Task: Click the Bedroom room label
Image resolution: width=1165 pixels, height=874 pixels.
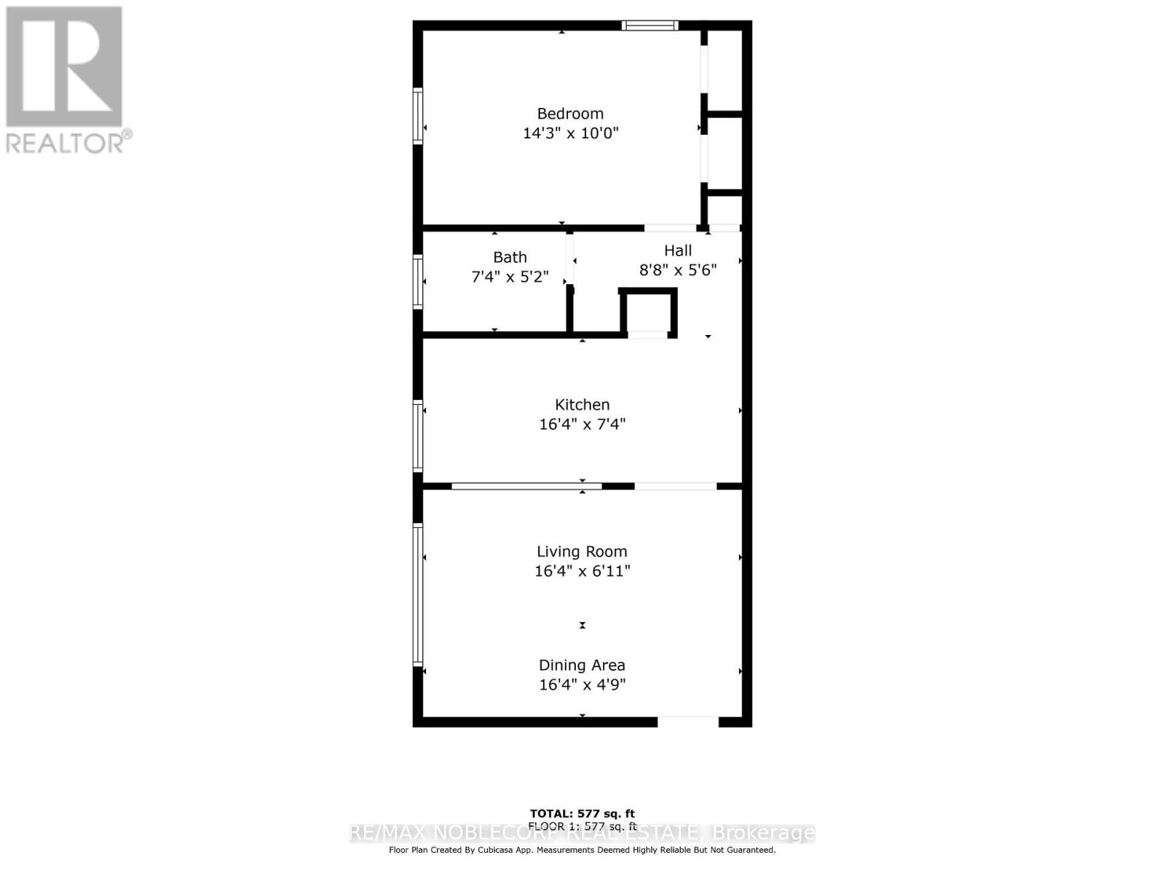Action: coord(570,114)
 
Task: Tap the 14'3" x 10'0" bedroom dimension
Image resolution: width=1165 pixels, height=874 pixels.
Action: coord(570,133)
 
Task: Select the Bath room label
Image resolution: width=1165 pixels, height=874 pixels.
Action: coord(510,257)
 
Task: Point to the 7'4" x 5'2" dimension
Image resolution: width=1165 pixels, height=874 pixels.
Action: coord(510,277)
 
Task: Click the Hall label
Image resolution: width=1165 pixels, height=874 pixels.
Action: coord(677,251)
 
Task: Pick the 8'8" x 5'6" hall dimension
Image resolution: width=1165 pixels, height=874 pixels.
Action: coord(677,270)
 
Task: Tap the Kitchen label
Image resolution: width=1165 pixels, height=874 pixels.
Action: coord(582,405)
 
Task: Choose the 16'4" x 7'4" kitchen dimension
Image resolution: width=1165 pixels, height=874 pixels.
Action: coord(582,424)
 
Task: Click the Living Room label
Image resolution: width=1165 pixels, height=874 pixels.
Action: coord(582,552)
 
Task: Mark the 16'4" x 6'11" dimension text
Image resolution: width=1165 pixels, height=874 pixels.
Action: coord(582,571)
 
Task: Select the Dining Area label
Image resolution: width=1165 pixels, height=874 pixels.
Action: coord(582,665)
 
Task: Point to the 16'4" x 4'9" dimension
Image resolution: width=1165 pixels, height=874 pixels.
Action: coord(582,685)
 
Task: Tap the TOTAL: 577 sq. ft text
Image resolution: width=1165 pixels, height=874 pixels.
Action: coord(582,814)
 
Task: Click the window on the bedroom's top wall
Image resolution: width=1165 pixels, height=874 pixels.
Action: coord(649,26)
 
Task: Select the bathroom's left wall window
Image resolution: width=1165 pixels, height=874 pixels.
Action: coord(418,282)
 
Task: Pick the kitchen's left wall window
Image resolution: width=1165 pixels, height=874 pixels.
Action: coord(418,436)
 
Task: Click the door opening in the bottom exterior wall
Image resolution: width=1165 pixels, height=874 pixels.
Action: coord(688,722)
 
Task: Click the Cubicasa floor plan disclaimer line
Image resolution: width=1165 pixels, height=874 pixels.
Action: coord(582,850)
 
